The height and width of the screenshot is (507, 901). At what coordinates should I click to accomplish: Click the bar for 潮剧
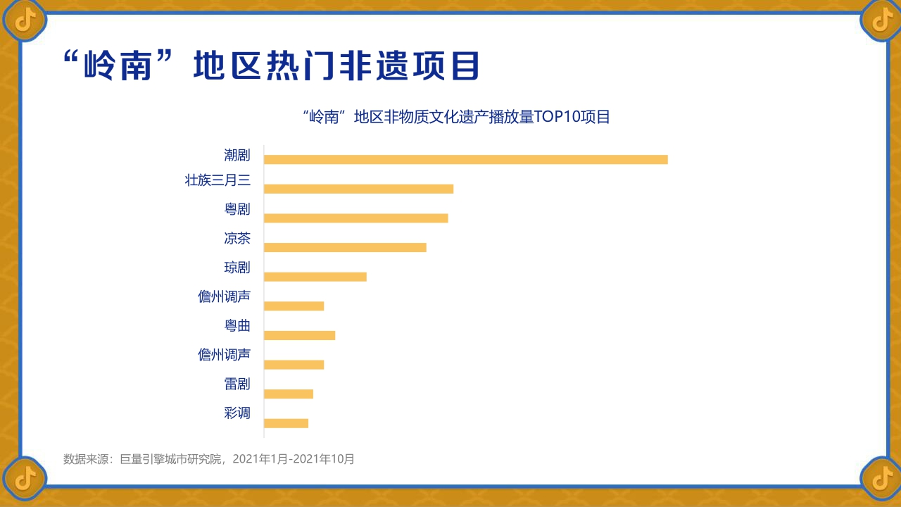pyautogui.click(x=465, y=159)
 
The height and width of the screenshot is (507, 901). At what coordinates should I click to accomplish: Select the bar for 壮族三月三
pyautogui.click(x=358, y=189)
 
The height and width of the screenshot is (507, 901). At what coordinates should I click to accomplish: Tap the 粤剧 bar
pyautogui.click(x=355, y=218)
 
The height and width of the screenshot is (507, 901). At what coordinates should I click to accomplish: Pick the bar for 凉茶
pyautogui.click(x=345, y=247)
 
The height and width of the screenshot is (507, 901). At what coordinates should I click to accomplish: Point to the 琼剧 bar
pyautogui.click(x=315, y=277)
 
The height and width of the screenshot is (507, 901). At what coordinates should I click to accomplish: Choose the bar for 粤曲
pyautogui.click(x=299, y=335)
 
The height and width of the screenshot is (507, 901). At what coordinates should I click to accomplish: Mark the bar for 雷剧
pyautogui.click(x=288, y=394)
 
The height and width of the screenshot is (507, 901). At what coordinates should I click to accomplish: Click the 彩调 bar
pyautogui.click(x=286, y=423)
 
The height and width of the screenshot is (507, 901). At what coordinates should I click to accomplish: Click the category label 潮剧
pyautogui.click(x=237, y=155)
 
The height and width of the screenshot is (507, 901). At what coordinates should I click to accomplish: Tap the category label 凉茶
pyautogui.click(x=237, y=238)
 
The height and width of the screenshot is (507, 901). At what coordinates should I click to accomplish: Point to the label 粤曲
pyautogui.click(x=237, y=325)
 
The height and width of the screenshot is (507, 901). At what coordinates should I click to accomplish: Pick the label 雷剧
pyautogui.click(x=237, y=384)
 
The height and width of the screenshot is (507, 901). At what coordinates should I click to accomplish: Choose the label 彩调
pyautogui.click(x=237, y=413)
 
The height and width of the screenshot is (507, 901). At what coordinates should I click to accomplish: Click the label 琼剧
pyautogui.click(x=237, y=268)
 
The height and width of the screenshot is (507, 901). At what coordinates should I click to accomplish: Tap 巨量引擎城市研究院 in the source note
pyautogui.click(x=172, y=459)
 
